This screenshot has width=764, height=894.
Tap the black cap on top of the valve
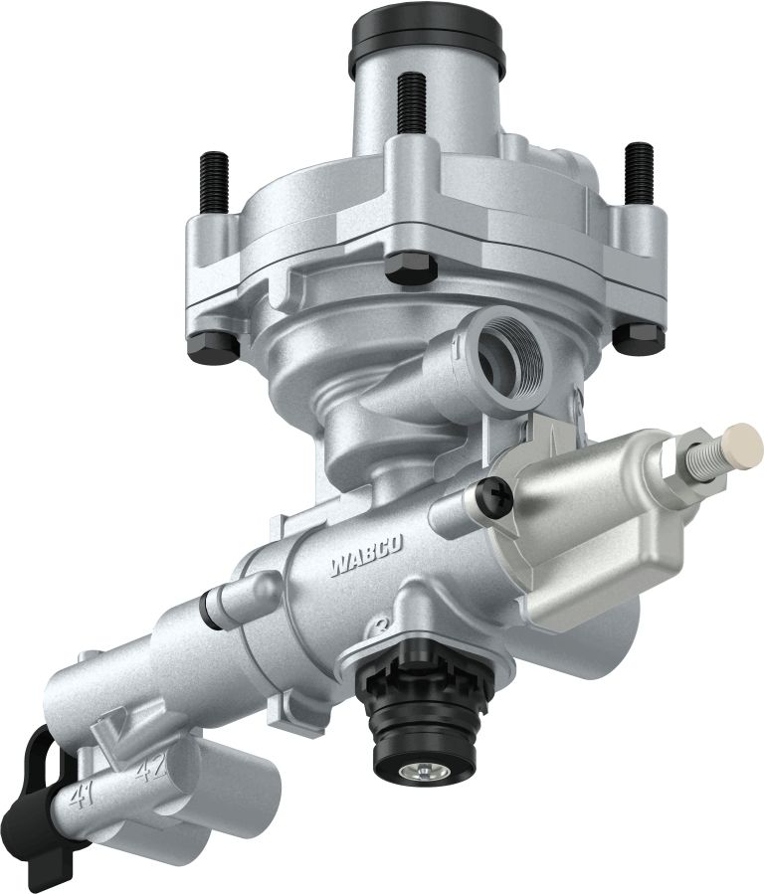[427, 40]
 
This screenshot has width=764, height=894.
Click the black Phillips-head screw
[494, 496]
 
